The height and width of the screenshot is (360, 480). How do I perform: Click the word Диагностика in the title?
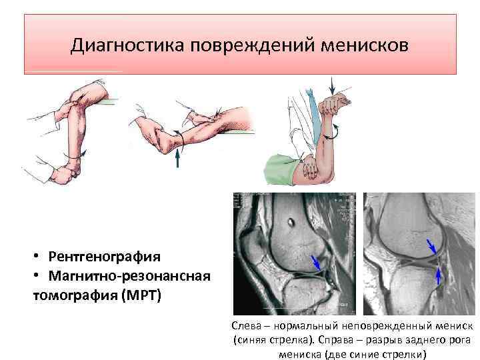(x=127, y=47)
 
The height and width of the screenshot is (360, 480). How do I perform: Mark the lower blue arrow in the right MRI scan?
(x=438, y=275)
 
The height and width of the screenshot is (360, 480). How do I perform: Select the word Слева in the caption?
(x=245, y=326)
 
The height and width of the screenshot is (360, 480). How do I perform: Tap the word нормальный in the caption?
(x=307, y=326)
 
